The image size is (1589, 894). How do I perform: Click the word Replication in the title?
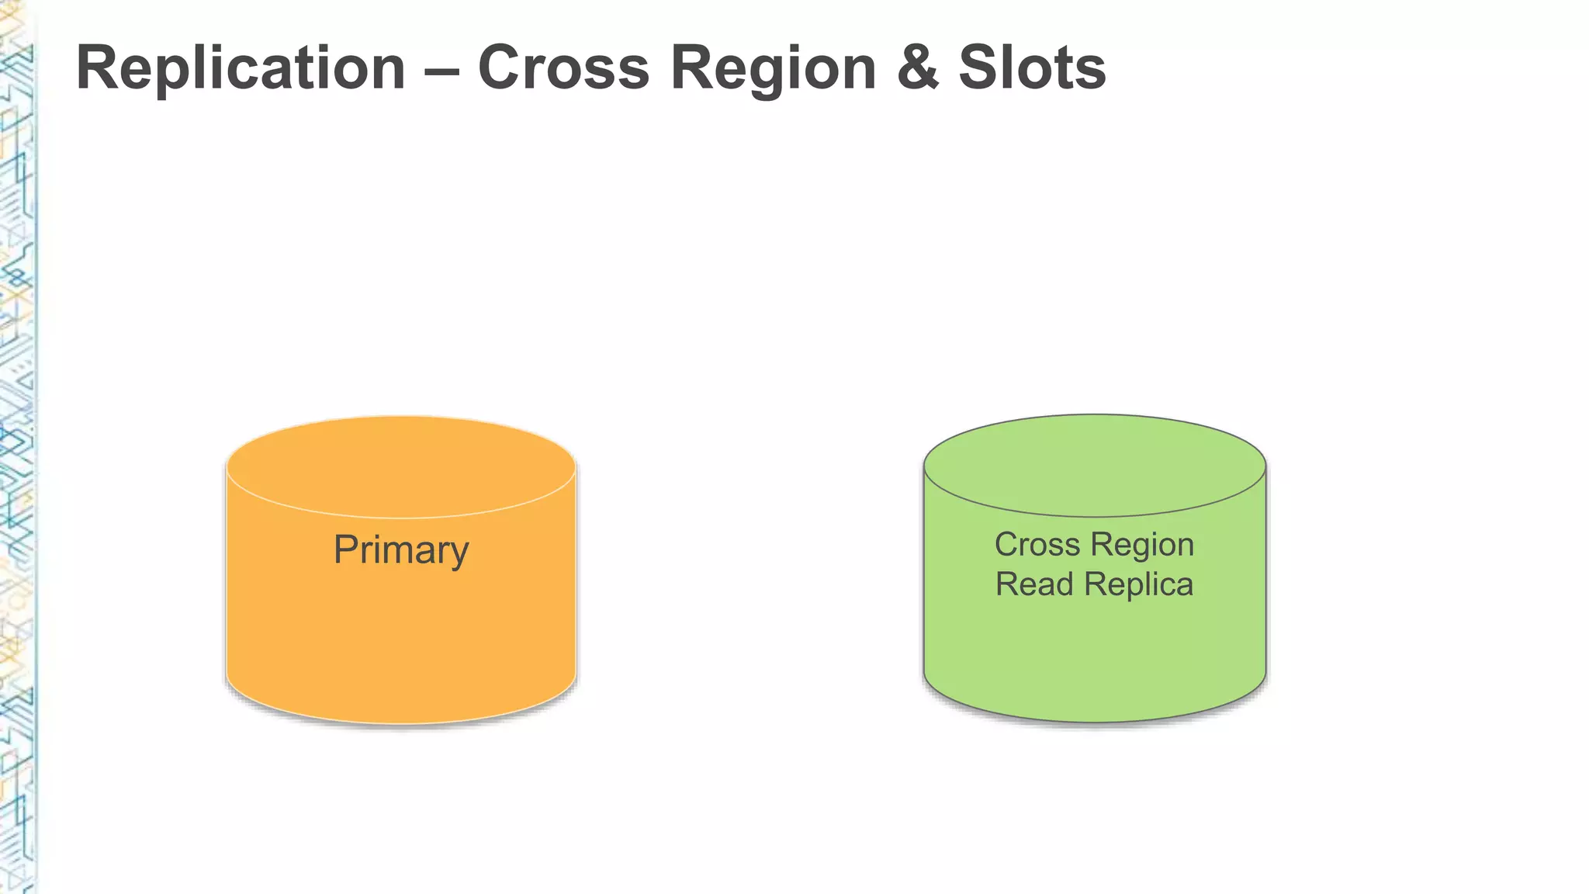click(x=241, y=68)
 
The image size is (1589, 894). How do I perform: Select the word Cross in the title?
click(x=563, y=68)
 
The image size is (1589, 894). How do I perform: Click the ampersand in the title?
click(x=918, y=68)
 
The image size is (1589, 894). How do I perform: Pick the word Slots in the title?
click(x=1032, y=68)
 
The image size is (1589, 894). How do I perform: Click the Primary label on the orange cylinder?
click(x=401, y=550)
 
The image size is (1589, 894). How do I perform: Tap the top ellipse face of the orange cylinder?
click(x=401, y=466)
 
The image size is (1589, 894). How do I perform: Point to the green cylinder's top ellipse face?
click(x=1094, y=465)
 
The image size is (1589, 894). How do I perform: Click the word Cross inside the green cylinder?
click(x=1037, y=545)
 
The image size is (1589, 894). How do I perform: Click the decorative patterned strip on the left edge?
click(x=17, y=466)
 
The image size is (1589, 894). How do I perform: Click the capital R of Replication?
click(x=95, y=68)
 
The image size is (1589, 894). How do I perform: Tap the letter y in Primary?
click(x=458, y=554)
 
